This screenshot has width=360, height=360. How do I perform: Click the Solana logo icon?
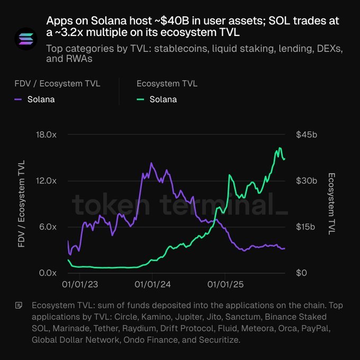26,39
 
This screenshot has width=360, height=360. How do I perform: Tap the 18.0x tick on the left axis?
46,134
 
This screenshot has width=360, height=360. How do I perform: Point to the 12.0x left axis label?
46,181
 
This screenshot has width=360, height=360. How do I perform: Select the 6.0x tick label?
48,227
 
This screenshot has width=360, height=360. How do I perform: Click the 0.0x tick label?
48,273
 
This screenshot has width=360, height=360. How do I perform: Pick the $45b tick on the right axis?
307,134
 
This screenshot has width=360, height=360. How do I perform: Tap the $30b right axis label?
307,181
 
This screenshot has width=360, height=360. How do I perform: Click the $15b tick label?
305,227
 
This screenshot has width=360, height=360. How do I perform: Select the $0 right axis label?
301,273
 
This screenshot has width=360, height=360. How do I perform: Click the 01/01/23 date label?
80,285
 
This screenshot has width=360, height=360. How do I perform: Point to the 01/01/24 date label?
152,285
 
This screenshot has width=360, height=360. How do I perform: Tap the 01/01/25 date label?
226,285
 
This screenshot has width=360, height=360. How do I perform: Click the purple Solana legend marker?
18,100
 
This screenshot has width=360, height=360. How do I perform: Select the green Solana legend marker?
140,100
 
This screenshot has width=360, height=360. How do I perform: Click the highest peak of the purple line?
151,163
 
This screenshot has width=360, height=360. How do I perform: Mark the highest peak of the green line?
280,148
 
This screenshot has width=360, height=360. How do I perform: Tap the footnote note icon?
19,305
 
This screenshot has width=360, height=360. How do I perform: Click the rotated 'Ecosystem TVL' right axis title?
331,204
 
